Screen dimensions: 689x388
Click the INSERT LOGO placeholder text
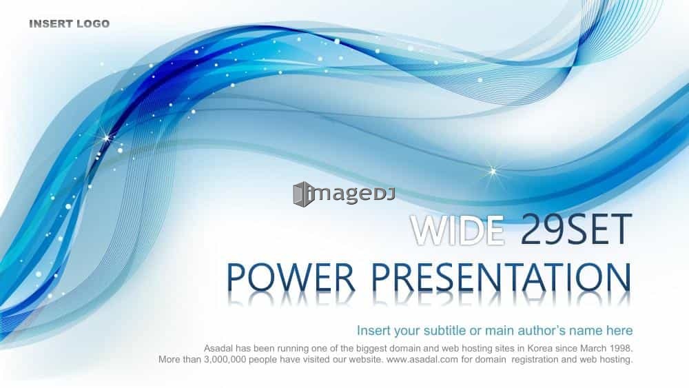(69, 23)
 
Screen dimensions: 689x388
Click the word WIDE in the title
(457, 229)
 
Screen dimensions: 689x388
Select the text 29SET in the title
(576, 229)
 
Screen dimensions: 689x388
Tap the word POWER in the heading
(291, 278)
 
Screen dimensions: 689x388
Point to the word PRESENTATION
(502, 278)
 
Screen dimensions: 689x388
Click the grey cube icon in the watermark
(303, 194)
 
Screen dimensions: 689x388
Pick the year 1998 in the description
(621, 349)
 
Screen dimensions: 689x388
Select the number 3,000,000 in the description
(225, 360)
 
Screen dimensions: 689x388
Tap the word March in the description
(593, 349)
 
